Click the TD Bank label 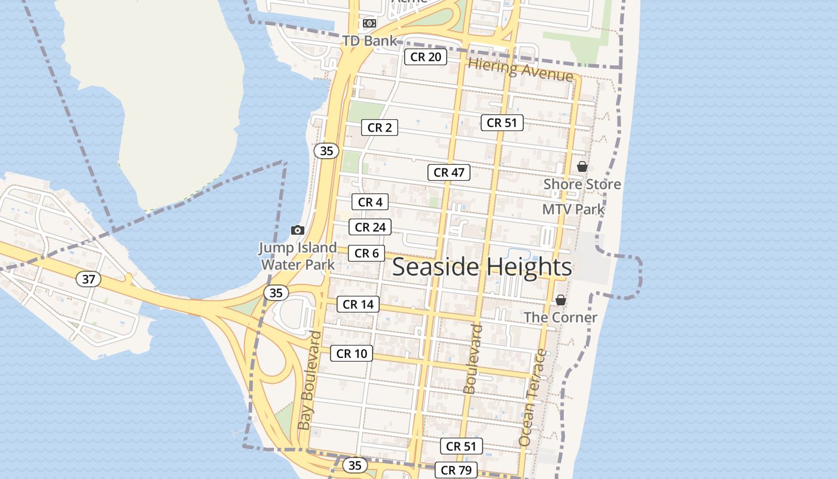click(x=370, y=41)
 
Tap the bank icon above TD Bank click(x=369, y=23)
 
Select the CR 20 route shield click(x=426, y=57)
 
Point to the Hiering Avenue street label click(x=521, y=70)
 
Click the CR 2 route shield click(x=380, y=128)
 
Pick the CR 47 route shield click(x=449, y=172)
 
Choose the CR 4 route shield click(x=370, y=202)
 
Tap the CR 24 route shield click(x=370, y=227)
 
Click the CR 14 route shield click(x=358, y=304)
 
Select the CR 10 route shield click(x=352, y=353)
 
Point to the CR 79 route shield click(x=456, y=470)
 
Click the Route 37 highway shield click(x=88, y=278)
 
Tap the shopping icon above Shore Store click(x=582, y=166)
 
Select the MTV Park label click(x=573, y=210)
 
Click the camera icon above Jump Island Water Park click(x=297, y=230)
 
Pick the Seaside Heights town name click(x=482, y=267)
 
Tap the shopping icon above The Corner click(x=561, y=300)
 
